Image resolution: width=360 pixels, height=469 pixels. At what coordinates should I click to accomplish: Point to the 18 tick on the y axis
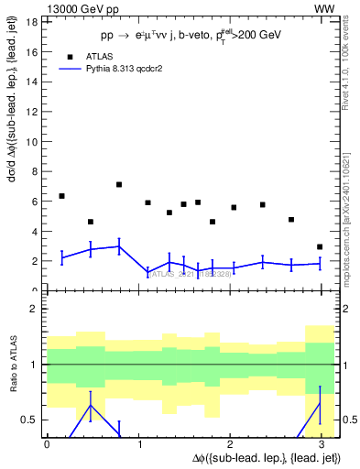pos(31,22)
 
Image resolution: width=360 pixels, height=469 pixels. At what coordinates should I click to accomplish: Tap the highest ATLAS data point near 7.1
pos(119,184)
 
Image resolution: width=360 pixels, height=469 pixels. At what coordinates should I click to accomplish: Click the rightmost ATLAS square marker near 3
pos(319,246)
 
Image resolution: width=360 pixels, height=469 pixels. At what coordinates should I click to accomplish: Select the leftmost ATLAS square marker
pos(61,196)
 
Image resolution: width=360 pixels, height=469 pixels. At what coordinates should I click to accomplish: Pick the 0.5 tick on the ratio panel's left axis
pos(29,420)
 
